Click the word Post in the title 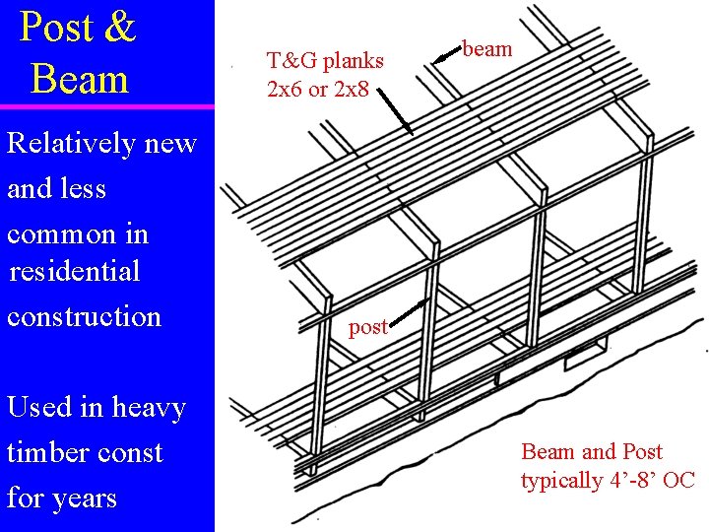coord(57,28)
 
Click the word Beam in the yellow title coord(80,79)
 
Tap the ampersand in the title coord(118,28)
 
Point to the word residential coord(75,270)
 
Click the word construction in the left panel coord(84,316)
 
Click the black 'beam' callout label coord(487,48)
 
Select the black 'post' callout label coord(368,327)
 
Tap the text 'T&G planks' coord(325,60)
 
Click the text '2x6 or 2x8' coord(318,89)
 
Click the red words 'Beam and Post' coord(592,452)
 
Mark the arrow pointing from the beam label coord(448,54)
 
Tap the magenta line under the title coord(106,106)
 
